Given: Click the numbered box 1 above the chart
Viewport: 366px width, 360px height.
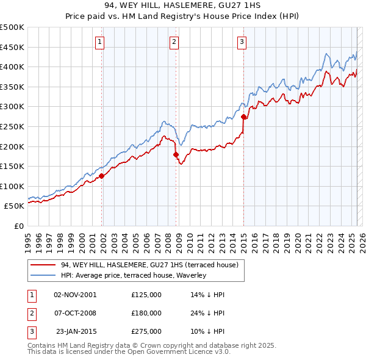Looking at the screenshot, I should [99, 42].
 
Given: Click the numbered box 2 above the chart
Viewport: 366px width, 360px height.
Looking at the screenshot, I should [174, 42].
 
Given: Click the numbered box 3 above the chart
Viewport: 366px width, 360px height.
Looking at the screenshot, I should [242, 42].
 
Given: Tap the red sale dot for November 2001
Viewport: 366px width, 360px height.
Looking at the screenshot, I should [102, 176].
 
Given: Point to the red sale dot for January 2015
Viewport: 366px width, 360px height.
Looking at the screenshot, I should [243, 117].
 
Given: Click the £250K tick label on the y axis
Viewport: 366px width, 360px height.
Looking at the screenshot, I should [12, 126].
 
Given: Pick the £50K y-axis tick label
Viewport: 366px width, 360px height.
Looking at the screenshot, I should [14, 206].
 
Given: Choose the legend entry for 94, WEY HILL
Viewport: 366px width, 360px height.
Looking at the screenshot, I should [152, 265].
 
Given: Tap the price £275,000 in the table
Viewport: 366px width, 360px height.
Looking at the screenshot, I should [146, 332].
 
